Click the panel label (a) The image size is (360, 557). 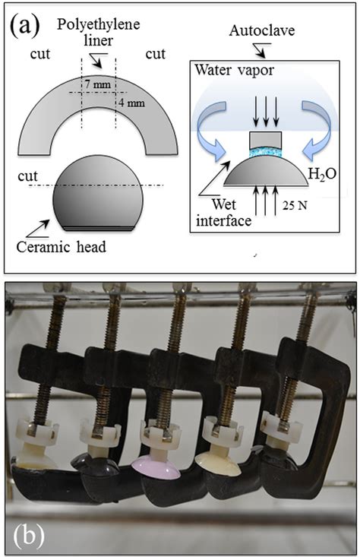click(24, 26)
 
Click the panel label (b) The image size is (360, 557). click(29, 535)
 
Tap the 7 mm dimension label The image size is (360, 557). click(98, 85)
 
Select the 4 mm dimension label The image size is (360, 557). click(131, 103)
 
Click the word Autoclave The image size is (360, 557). click(262, 30)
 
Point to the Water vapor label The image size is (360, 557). click(235, 70)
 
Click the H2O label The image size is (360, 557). click(322, 175)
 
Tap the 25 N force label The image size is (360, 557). click(295, 205)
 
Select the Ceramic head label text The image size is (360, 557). click(62, 246)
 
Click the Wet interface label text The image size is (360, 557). click(224, 213)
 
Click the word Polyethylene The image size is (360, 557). click(98, 24)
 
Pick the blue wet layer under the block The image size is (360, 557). click(266, 153)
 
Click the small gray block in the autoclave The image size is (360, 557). click(266, 140)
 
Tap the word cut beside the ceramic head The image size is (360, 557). click(27, 176)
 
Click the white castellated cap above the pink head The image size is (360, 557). click(162, 431)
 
